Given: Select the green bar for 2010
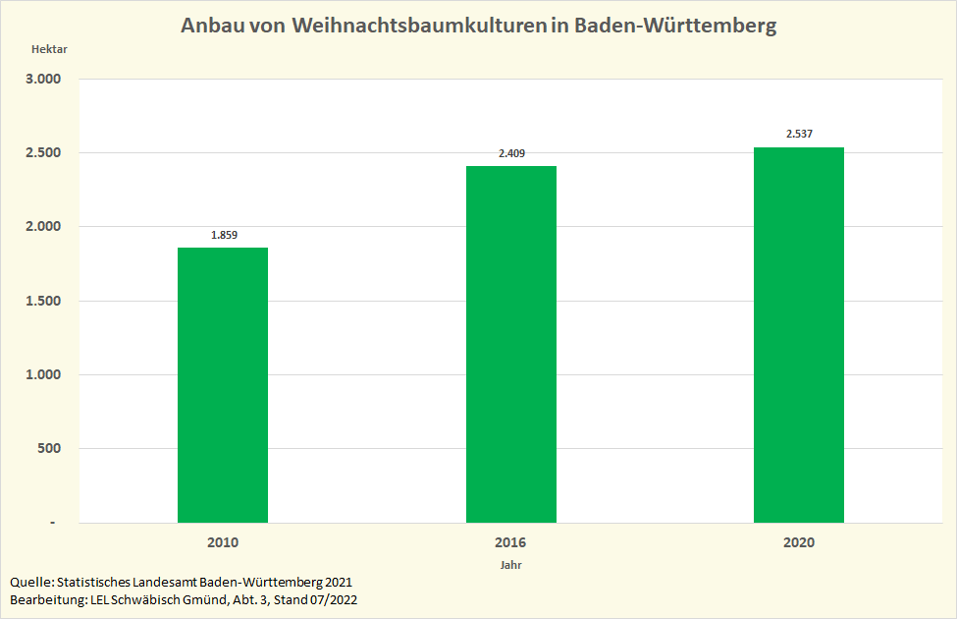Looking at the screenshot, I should (x=223, y=385).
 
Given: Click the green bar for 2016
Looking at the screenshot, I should (x=510, y=344).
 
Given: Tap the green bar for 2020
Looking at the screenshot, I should (x=799, y=334).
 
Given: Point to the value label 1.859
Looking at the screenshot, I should (x=224, y=236).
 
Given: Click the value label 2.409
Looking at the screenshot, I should (x=511, y=153).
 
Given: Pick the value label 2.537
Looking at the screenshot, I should (x=799, y=134).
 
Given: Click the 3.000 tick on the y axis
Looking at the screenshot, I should (x=42, y=79).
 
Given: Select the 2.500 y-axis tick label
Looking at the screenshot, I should (x=42, y=153).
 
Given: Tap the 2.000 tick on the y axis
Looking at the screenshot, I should (x=42, y=227).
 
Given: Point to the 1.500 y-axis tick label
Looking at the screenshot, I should (x=42, y=301).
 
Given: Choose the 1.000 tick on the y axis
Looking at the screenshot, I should (x=42, y=374).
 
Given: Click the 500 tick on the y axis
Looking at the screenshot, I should (x=49, y=449).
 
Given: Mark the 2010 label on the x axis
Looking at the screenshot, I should (x=223, y=542).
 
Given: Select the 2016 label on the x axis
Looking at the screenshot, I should (x=510, y=542).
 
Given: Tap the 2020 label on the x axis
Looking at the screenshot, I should (x=799, y=542).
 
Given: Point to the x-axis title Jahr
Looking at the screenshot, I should (x=510, y=566).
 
